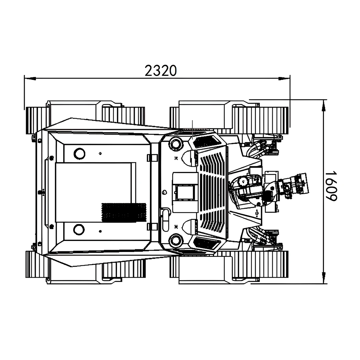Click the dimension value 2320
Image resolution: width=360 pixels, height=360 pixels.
pos(161,71)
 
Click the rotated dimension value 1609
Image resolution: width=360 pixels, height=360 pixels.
pos(331,186)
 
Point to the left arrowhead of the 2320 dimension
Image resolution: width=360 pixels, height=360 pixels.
pos(30,79)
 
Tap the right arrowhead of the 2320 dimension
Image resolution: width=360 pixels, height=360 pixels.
pos(284,79)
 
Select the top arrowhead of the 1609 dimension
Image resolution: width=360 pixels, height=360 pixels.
pos(323,106)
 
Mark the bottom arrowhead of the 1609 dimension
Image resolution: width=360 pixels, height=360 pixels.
pos(323,278)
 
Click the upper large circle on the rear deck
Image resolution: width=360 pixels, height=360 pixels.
pos(79,154)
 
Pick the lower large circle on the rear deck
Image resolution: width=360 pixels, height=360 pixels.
pos(79,229)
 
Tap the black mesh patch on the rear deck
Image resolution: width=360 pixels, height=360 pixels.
pos(124,213)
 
